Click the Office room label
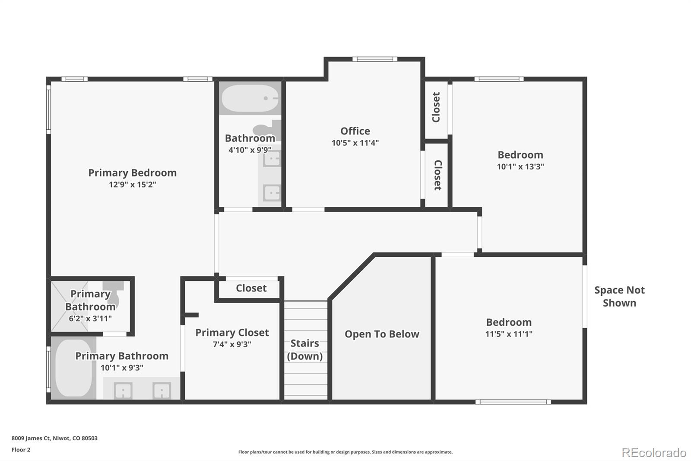(355, 131)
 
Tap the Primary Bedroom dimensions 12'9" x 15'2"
(132, 185)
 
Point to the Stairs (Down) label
(305, 349)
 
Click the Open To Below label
(382, 334)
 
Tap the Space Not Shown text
(619, 296)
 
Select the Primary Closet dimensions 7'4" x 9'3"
(232, 344)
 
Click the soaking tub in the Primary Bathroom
(73, 368)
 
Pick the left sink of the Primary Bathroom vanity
(123, 391)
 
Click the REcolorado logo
(654, 452)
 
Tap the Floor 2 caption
(21, 450)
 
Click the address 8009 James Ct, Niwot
(54, 438)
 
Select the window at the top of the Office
(374, 59)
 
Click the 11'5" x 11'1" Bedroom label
(509, 322)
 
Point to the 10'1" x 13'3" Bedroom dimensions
(520, 166)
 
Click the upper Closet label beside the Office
(436, 107)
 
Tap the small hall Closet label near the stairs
(251, 288)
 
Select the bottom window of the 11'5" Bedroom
(513, 402)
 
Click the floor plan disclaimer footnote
(345, 452)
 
